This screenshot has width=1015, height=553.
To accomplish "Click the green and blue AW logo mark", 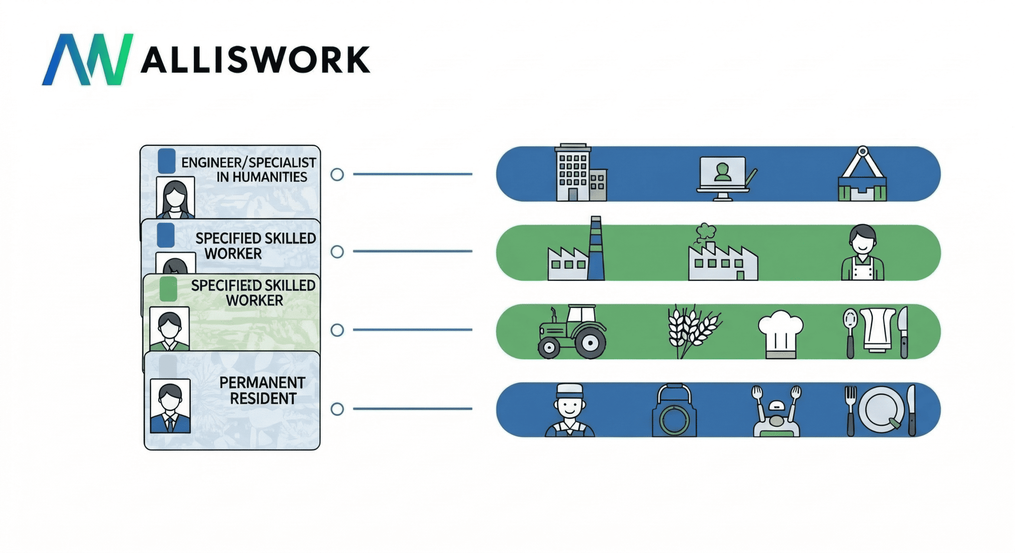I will point(88,59).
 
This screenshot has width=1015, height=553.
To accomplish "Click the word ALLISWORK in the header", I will point(255,60).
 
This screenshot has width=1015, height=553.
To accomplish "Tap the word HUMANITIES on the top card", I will point(262,177).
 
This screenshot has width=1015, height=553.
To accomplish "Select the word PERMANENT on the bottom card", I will point(262,383).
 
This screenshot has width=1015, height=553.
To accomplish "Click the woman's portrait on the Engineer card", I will point(175,197).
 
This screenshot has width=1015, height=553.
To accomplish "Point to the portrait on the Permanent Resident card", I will point(170,406).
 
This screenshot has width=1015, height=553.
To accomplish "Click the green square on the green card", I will point(168,288).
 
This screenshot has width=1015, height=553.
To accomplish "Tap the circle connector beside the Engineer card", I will point(337,175).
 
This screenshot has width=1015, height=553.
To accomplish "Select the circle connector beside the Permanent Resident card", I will point(337,409).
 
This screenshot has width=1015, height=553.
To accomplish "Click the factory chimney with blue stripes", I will point(596,248).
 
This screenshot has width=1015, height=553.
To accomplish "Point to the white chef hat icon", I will point(780,334).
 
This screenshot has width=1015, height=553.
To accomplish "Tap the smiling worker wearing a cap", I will point(569,410).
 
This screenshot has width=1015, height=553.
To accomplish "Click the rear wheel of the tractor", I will point(590,342).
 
